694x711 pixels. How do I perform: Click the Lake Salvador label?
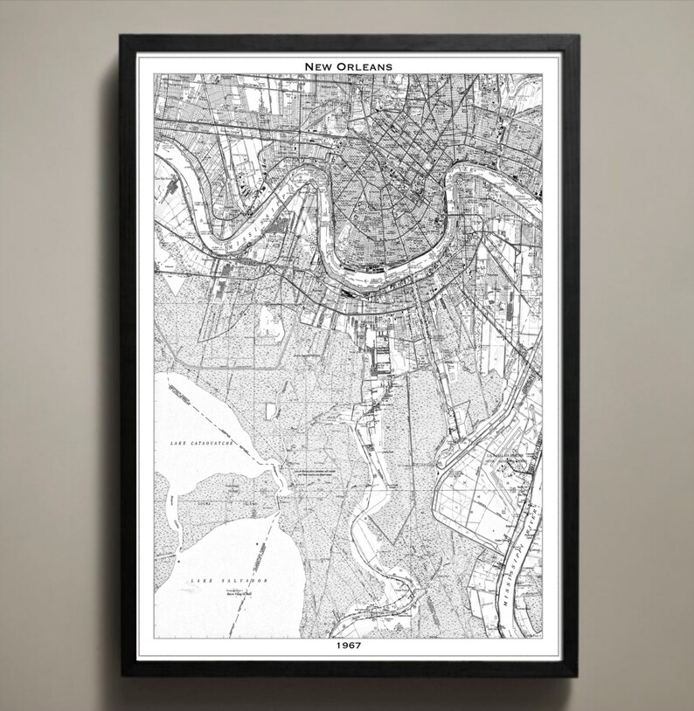tap(230, 580)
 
